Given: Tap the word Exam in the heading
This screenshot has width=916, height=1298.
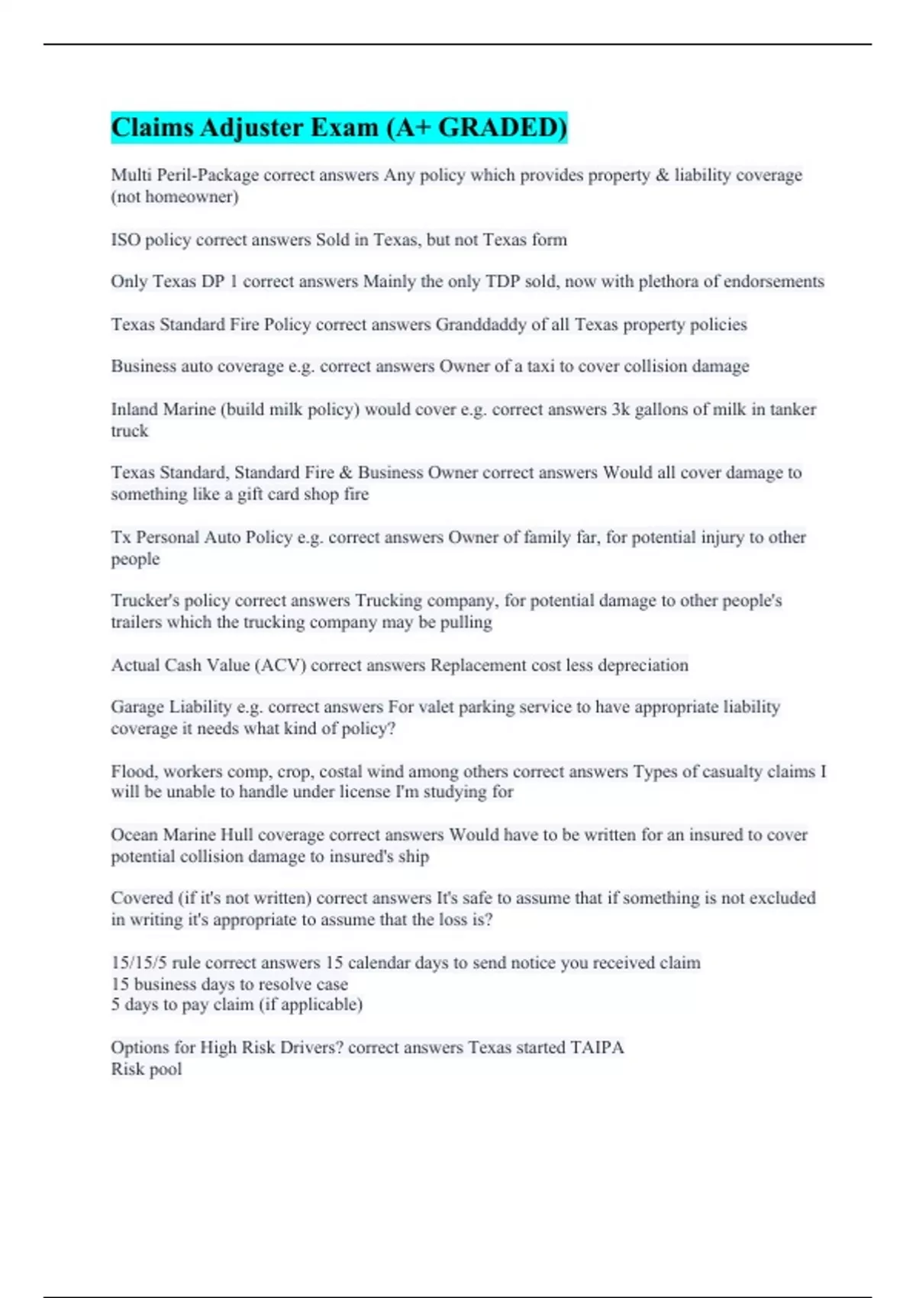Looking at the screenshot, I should [340, 128].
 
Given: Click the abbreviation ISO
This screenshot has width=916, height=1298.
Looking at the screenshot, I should [125, 240].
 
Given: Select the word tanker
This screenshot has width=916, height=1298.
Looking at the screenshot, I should [792, 409].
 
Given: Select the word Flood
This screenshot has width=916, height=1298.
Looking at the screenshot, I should [133, 771].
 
